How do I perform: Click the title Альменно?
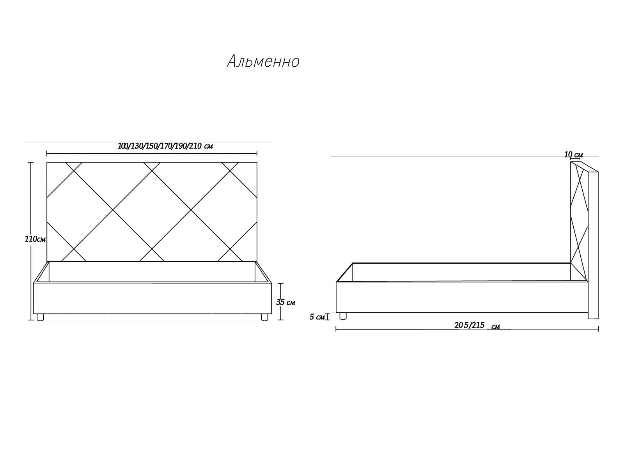tap(263, 61)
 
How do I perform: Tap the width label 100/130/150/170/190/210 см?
tap(165, 146)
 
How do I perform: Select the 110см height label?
tap(35, 239)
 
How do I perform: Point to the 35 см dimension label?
tap(286, 302)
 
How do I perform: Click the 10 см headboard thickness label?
tap(573, 155)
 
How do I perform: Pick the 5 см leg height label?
tap(317, 317)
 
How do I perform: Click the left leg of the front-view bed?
tap(41, 317)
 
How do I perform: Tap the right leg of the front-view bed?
tap(265, 317)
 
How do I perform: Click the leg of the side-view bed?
tap(343, 316)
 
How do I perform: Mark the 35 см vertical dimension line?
tap(280, 301)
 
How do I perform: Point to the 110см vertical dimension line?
tap(31, 241)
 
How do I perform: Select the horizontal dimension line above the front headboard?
tap(152, 154)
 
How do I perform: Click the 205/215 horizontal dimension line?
tap(467, 329)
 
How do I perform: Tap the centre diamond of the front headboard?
tap(152, 210)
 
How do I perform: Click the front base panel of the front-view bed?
tap(152, 298)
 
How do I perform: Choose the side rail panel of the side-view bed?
tap(462, 297)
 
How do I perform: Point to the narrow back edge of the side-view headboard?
tap(593, 245)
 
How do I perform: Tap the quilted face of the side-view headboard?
tap(579, 222)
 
